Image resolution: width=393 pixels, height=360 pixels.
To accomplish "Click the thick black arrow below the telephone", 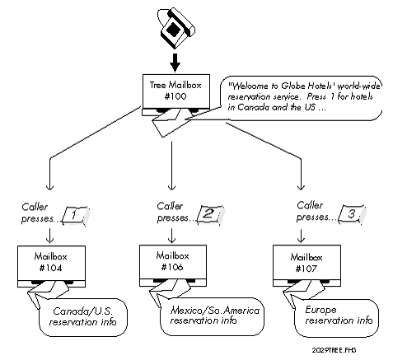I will click(x=174, y=63).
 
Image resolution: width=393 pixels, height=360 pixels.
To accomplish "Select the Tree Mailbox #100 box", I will click(x=173, y=92).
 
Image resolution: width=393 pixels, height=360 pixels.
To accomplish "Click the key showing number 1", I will click(x=75, y=216).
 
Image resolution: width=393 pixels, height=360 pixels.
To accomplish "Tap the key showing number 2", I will click(x=208, y=214).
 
